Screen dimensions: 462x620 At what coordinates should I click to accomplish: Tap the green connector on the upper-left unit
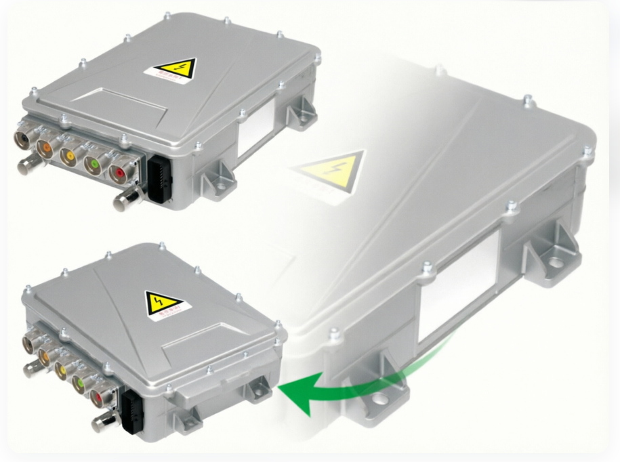(x=95, y=164)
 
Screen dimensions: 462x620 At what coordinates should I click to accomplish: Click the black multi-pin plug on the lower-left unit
(x=132, y=411)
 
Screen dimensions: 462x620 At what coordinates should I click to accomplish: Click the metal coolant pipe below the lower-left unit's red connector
(x=102, y=423)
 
